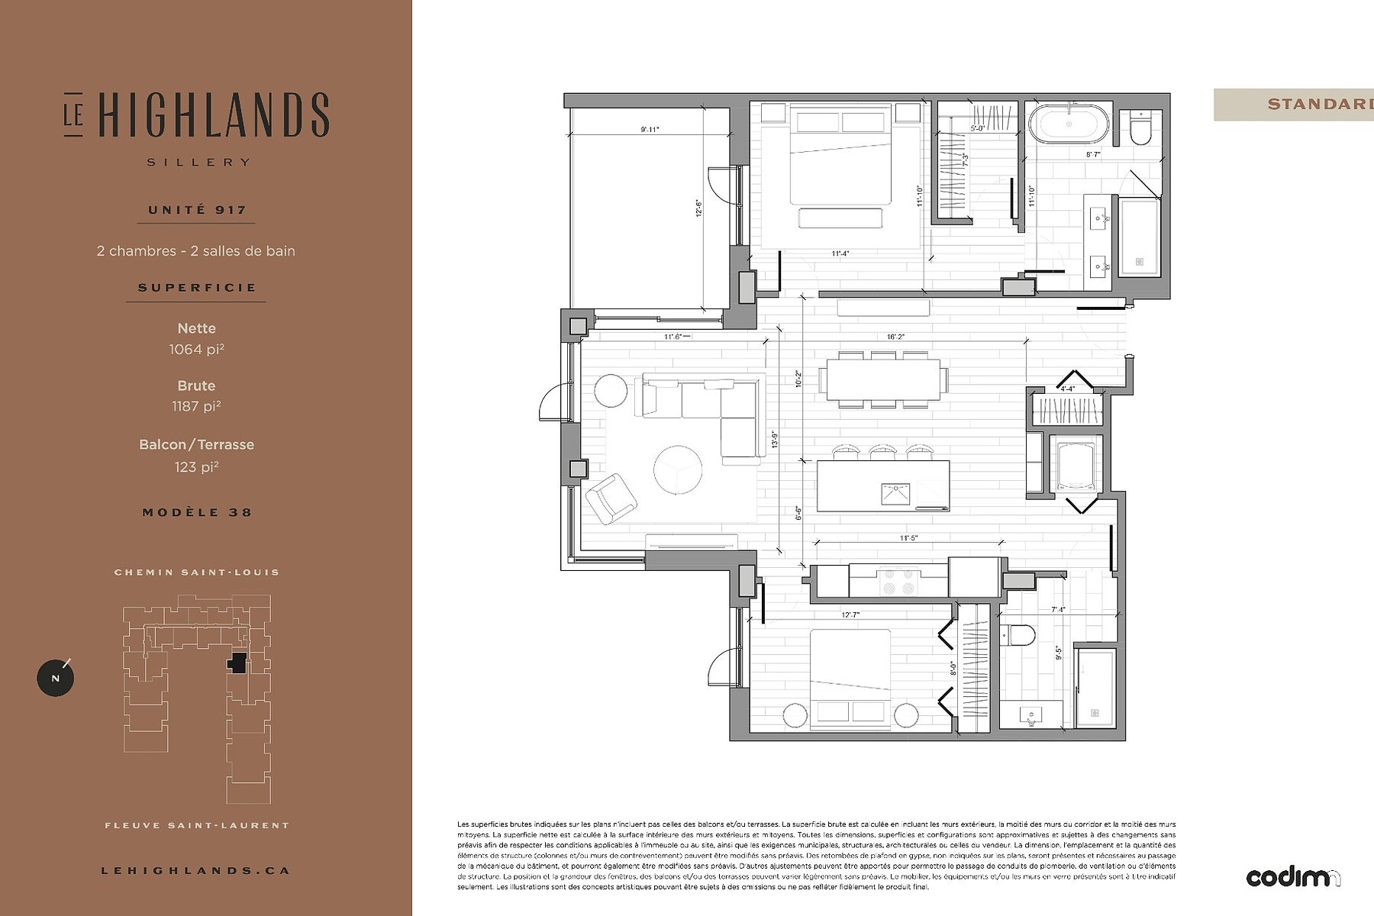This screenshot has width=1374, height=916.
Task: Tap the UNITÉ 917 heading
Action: [197, 210]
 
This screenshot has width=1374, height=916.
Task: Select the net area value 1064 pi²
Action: [197, 350]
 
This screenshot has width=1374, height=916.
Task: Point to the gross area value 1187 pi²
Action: [197, 407]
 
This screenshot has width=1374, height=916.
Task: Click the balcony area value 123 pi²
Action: [197, 467]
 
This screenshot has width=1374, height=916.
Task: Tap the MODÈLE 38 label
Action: [197, 512]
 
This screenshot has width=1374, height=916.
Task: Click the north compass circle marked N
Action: [56, 678]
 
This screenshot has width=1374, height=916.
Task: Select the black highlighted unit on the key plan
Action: [237, 663]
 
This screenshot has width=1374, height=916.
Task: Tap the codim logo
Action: [1292, 878]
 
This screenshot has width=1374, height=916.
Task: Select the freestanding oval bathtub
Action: [1069, 124]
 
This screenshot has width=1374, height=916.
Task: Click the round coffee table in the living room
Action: [678, 469]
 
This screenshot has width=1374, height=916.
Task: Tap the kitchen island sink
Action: [895, 494]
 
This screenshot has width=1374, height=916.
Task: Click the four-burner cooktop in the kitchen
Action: [898, 582]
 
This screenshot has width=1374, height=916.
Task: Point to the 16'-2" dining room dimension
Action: [895, 336]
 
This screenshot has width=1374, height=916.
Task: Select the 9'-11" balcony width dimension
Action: [650, 130]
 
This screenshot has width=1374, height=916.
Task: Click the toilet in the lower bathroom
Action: [1018, 635]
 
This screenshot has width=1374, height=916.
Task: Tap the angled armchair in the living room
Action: [611, 498]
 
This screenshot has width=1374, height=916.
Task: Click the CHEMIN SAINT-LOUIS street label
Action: [197, 572]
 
